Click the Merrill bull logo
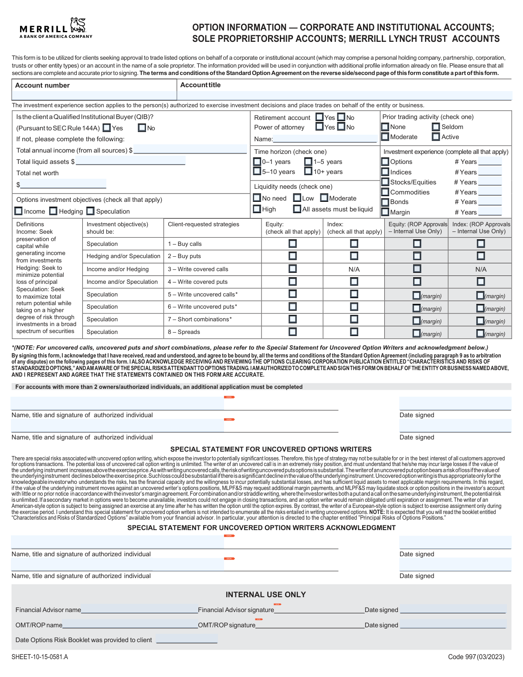pos(78,25)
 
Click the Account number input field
pos(94,95)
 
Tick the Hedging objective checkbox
pos(54,211)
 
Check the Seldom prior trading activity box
pos(436,127)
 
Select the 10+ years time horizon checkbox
pos(309,171)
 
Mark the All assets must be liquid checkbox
pos(297,209)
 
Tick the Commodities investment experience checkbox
pos(385,192)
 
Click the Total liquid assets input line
pos(130,161)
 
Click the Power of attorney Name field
pos(325,139)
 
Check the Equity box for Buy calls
pos(292,244)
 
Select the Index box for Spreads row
pos(354,332)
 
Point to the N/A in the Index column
pos(354,269)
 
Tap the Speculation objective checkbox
pos(91,211)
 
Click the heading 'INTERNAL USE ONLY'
pos(265,595)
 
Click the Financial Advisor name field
pos(139,609)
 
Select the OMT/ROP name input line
pos(130,624)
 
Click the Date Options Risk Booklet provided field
pos(187,640)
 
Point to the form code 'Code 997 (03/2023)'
pos(476,657)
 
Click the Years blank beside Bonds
pos(490,202)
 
